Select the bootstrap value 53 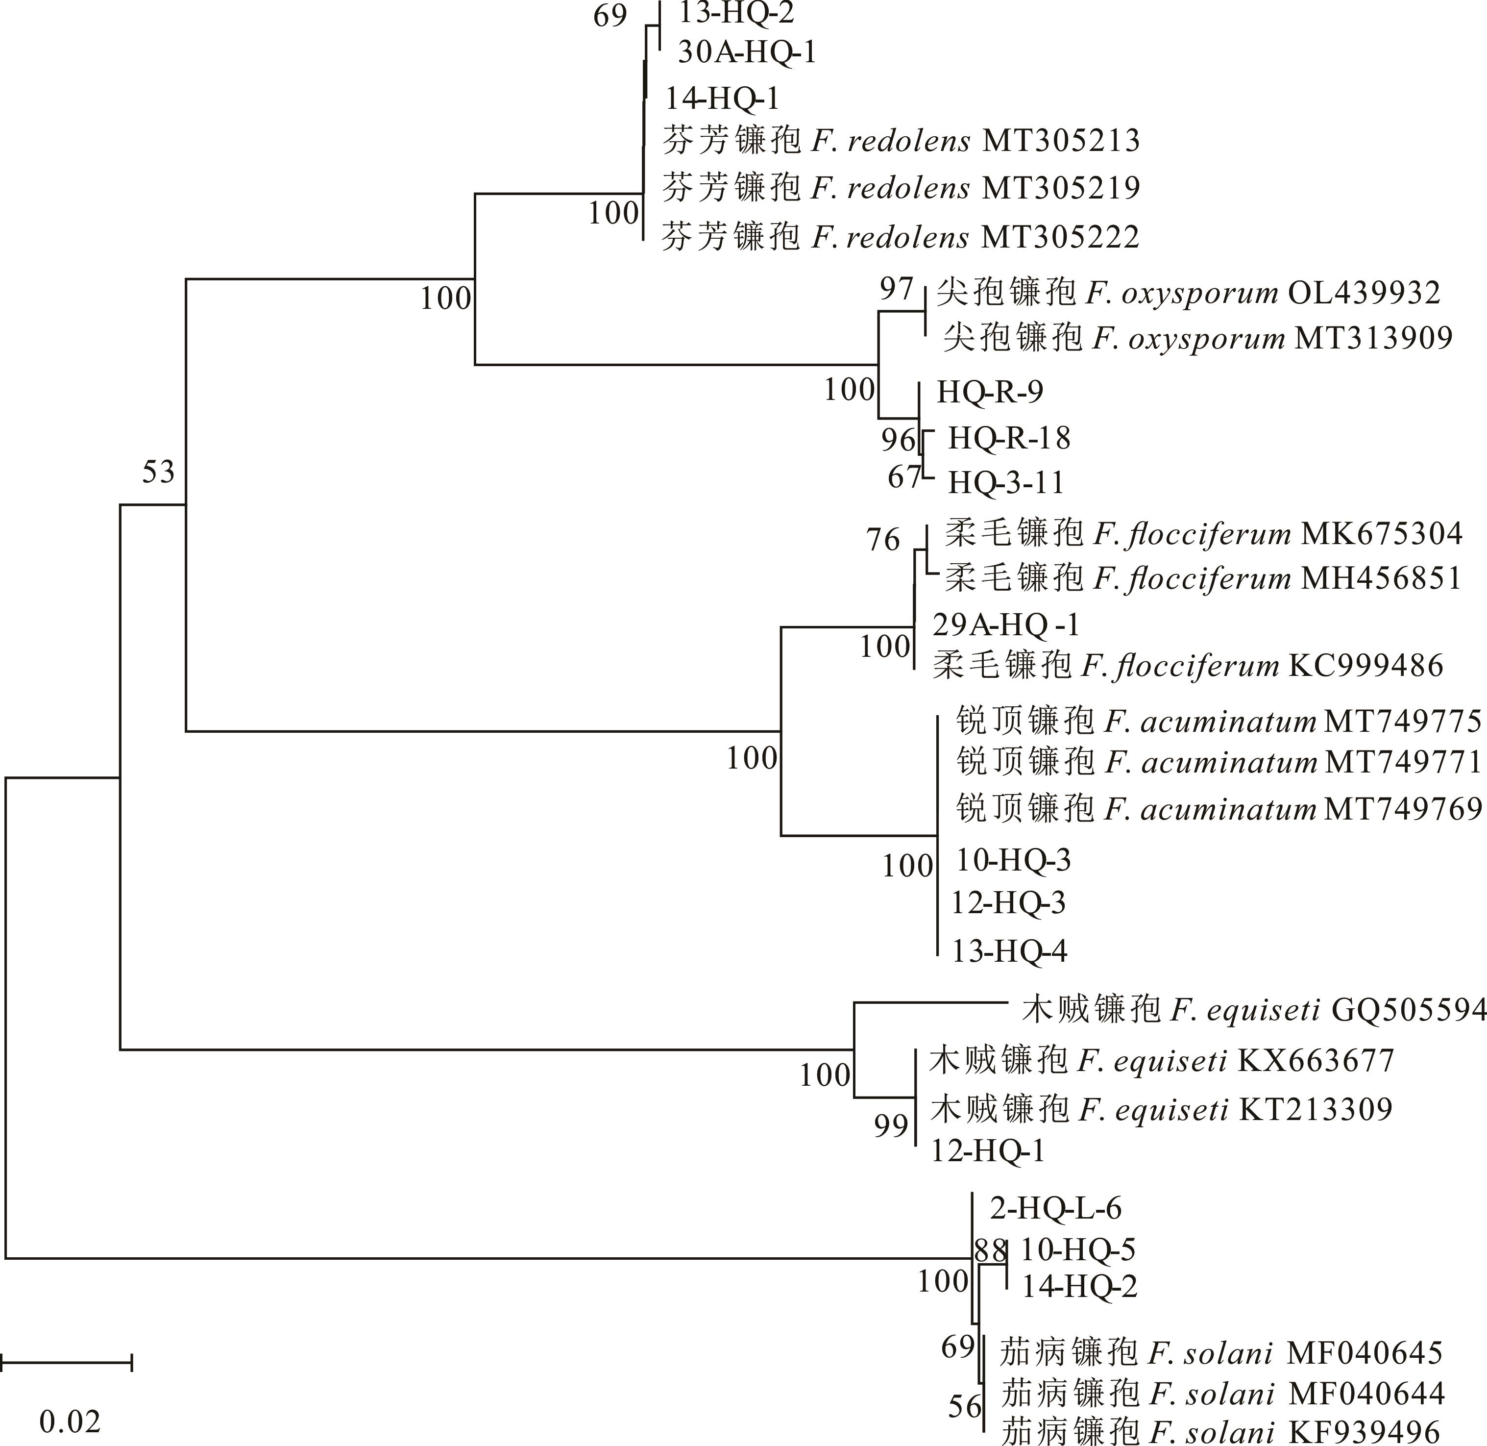pyautogui.click(x=159, y=473)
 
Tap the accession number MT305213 pyautogui.click(x=1061, y=141)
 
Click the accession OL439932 pyautogui.click(x=1364, y=293)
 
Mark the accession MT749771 pyautogui.click(x=1403, y=762)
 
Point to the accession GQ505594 pyautogui.click(x=1409, y=1009)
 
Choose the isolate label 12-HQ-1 pyautogui.click(x=988, y=1151)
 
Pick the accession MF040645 pyautogui.click(x=1365, y=1352)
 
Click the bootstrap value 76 pyautogui.click(x=883, y=540)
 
